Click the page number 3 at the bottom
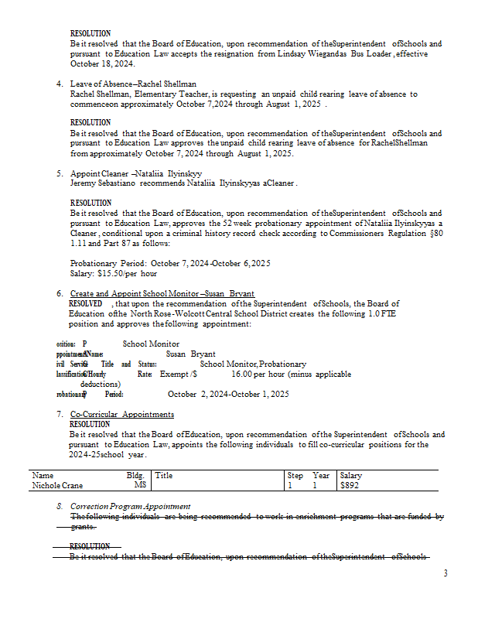pos(445,573)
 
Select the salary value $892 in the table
pos(350,486)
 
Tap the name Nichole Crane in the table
pos(57,486)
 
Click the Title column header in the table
pos(163,476)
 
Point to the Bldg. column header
pos(135,476)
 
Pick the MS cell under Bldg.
pos(139,486)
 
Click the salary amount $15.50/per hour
pos(114,274)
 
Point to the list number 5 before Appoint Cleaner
pos(60,173)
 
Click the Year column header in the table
pos(321,476)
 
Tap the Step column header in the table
pos(295,476)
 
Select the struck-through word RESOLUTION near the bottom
pos(90,546)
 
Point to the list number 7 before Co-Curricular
pos(60,415)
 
